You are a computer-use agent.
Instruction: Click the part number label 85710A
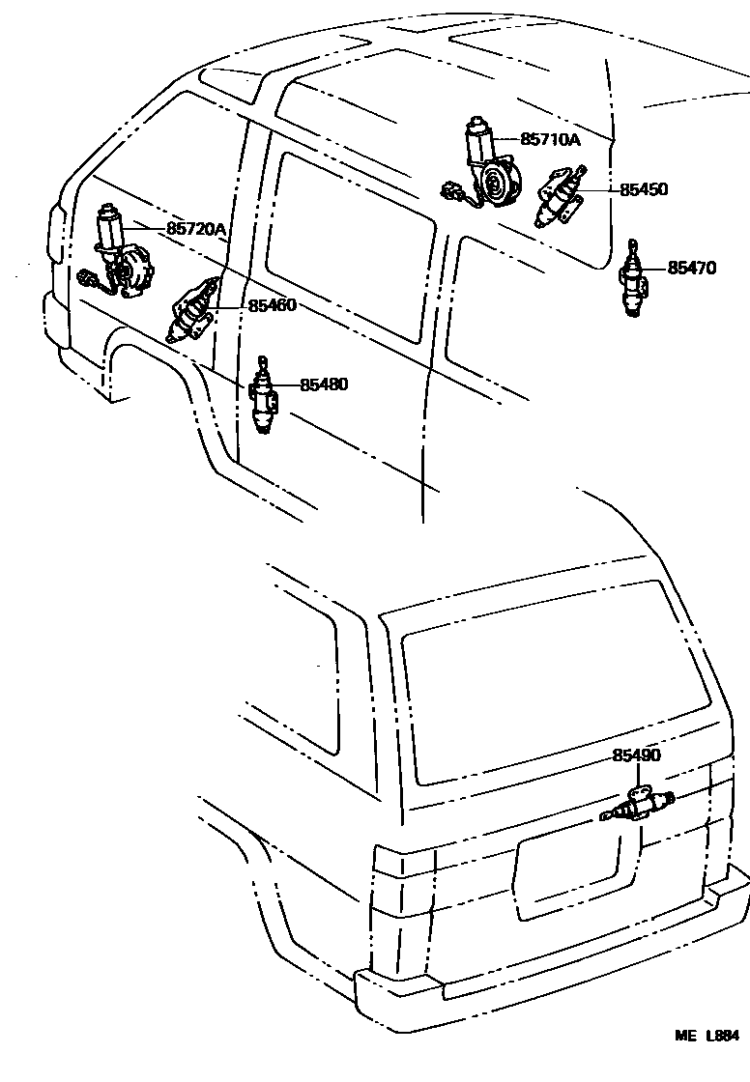click(550, 139)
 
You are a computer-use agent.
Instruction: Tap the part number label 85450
click(643, 190)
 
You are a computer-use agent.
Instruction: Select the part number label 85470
click(691, 269)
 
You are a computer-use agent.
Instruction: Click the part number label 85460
click(272, 305)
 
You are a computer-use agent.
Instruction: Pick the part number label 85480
click(323, 384)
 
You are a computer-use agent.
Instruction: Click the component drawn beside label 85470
click(633, 279)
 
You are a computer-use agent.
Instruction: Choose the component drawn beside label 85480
click(263, 395)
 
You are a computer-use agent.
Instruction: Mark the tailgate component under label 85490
click(637, 805)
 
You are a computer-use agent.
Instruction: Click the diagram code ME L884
click(713, 1061)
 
